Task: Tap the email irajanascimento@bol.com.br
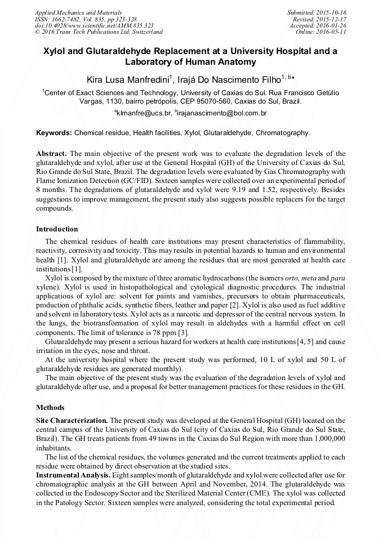pyautogui.click(x=223, y=113)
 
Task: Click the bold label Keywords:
pyautogui.click(x=54, y=133)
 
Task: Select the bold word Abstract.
pyautogui.click(x=51, y=153)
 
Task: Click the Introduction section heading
pyautogui.click(x=57, y=229)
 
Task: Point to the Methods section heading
pyautogui.click(x=50, y=407)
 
